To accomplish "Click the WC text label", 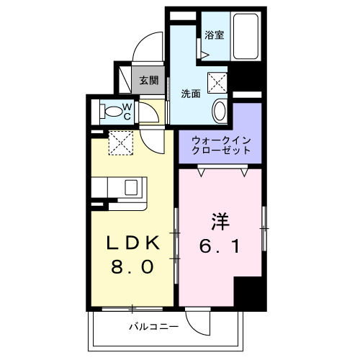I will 125,111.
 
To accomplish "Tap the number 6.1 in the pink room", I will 220,246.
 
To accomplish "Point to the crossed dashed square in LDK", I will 120,141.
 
